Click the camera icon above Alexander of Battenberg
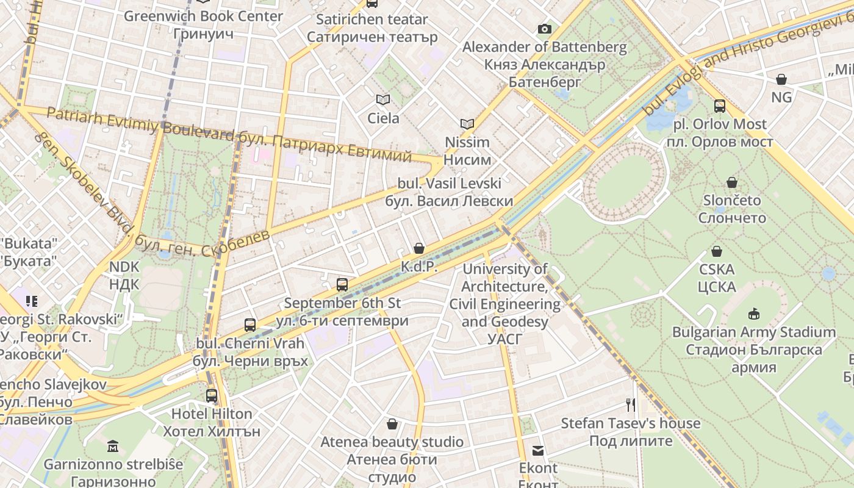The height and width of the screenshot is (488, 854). pos(544,29)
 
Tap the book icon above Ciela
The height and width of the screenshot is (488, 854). pos(382,99)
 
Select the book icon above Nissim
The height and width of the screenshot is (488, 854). pos(467,124)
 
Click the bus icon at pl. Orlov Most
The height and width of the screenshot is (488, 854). pos(720,106)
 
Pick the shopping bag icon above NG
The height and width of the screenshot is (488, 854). pos(781,79)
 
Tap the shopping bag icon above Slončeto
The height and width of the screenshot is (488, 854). pos(732,182)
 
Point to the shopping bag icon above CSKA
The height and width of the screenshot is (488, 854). pos(717,251)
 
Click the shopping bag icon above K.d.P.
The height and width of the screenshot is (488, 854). pos(419,248)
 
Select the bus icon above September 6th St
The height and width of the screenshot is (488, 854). pos(342,284)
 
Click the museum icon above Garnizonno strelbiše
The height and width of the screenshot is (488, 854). pos(113,447)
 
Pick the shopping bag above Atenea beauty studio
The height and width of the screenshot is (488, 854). pos(392,423)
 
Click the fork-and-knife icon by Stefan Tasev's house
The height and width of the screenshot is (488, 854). pos(631,404)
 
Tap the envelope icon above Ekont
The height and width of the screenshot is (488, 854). pos(538,451)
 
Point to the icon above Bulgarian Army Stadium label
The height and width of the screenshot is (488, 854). pos(754,314)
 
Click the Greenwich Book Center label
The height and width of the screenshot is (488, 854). pos(203,16)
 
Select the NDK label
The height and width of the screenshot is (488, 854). pos(124,275)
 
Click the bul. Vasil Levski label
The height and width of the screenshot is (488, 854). pos(449,192)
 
